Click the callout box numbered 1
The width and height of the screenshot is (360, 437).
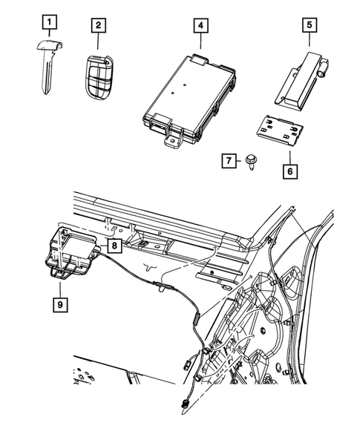(49, 24)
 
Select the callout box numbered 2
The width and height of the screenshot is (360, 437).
(97, 25)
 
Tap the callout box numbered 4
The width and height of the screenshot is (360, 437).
(199, 25)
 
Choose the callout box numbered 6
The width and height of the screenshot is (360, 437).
(288, 170)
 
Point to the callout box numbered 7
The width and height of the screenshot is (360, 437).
(231, 160)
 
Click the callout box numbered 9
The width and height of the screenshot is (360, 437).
(56, 303)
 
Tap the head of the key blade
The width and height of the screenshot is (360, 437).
(49, 47)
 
